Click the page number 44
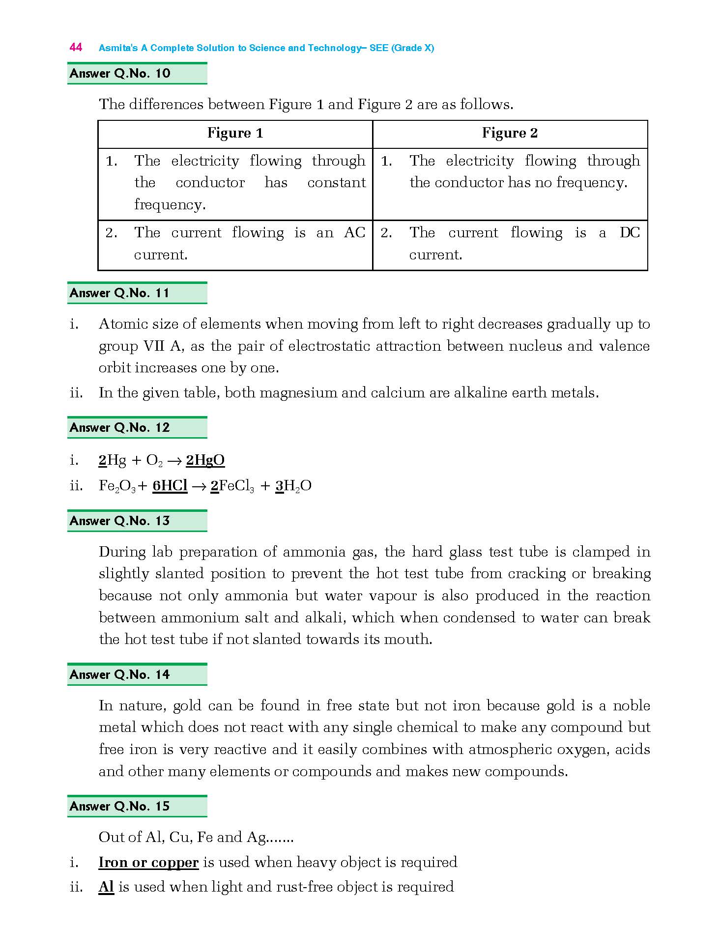76,47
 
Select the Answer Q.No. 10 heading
120,74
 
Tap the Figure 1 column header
235,133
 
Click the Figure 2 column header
510,133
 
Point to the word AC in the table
354,232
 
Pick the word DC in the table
630,232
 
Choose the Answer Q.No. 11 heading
119,293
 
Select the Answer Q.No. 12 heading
119,428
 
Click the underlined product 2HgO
205,460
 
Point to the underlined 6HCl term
170,486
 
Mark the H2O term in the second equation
297,486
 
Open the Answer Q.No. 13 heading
119,521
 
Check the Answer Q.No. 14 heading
119,675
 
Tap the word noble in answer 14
632,706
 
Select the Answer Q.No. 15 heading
119,807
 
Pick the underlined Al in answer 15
106,887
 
